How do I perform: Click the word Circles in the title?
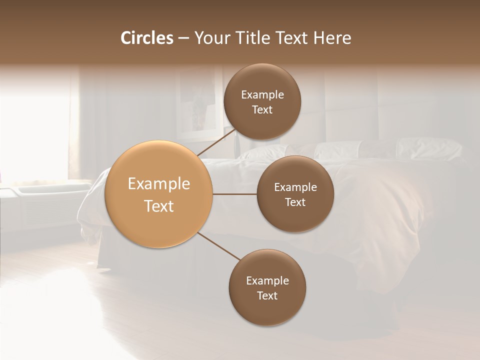(147, 38)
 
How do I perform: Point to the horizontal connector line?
(235, 194)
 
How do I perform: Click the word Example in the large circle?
(159, 184)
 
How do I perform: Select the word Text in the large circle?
(159, 206)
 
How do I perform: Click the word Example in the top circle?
(262, 94)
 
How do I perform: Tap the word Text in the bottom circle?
(267, 295)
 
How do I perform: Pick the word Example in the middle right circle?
(295, 187)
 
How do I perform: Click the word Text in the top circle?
(262, 109)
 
